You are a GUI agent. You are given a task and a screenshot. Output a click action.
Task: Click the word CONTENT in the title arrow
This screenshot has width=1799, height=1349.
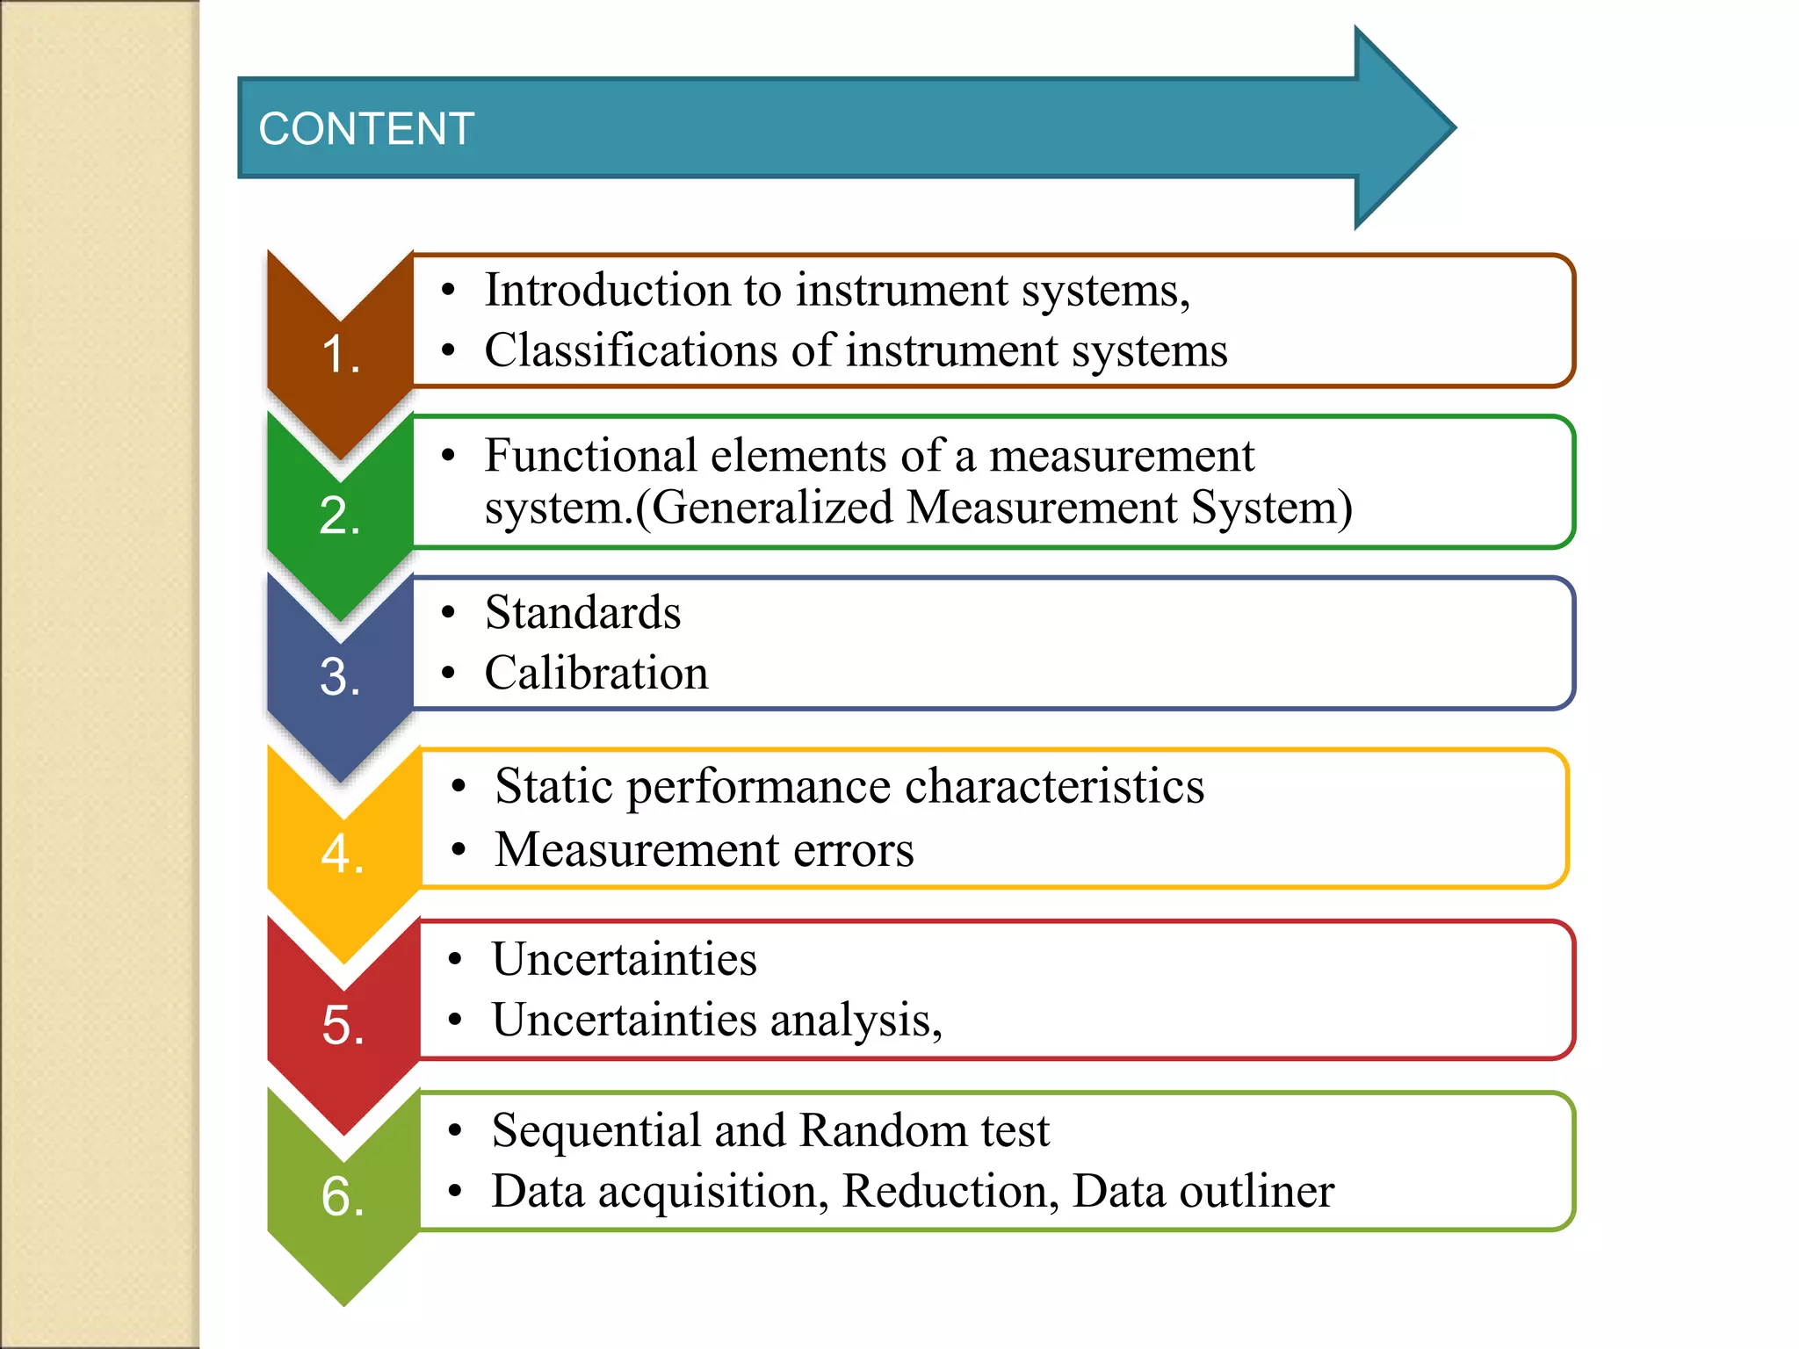pyautogui.click(x=366, y=129)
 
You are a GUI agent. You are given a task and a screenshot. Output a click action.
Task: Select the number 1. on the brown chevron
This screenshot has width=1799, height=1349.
pyautogui.click(x=341, y=355)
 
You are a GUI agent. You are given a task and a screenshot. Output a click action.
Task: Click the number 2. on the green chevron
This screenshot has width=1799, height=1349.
pyautogui.click(x=340, y=516)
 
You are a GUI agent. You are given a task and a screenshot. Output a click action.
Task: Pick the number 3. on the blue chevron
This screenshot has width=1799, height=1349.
pyautogui.click(x=340, y=677)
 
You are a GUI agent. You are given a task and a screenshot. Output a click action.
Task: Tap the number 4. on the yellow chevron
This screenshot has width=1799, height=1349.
pyautogui.click(x=343, y=854)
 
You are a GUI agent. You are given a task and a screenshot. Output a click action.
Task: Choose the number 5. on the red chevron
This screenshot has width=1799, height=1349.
pyautogui.click(x=343, y=1025)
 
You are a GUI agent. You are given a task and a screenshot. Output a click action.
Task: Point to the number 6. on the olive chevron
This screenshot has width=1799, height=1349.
pyautogui.click(x=343, y=1196)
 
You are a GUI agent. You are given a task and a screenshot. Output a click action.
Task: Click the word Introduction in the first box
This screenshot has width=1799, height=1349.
pyautogui.click(x=607, y=290)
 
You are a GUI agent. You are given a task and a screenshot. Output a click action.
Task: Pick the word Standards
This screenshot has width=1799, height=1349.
pyautogui.click(x=582, y=612)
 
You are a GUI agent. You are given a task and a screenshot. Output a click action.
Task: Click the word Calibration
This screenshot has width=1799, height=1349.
pyautogui.click(x=596, y=674)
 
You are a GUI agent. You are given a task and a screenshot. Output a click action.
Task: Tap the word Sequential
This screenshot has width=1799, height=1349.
pyautogui.click(x=596, y=1130)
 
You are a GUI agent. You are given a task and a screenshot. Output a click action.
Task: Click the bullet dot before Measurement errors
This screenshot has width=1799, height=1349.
pyautogui.click(x=458, y=850)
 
